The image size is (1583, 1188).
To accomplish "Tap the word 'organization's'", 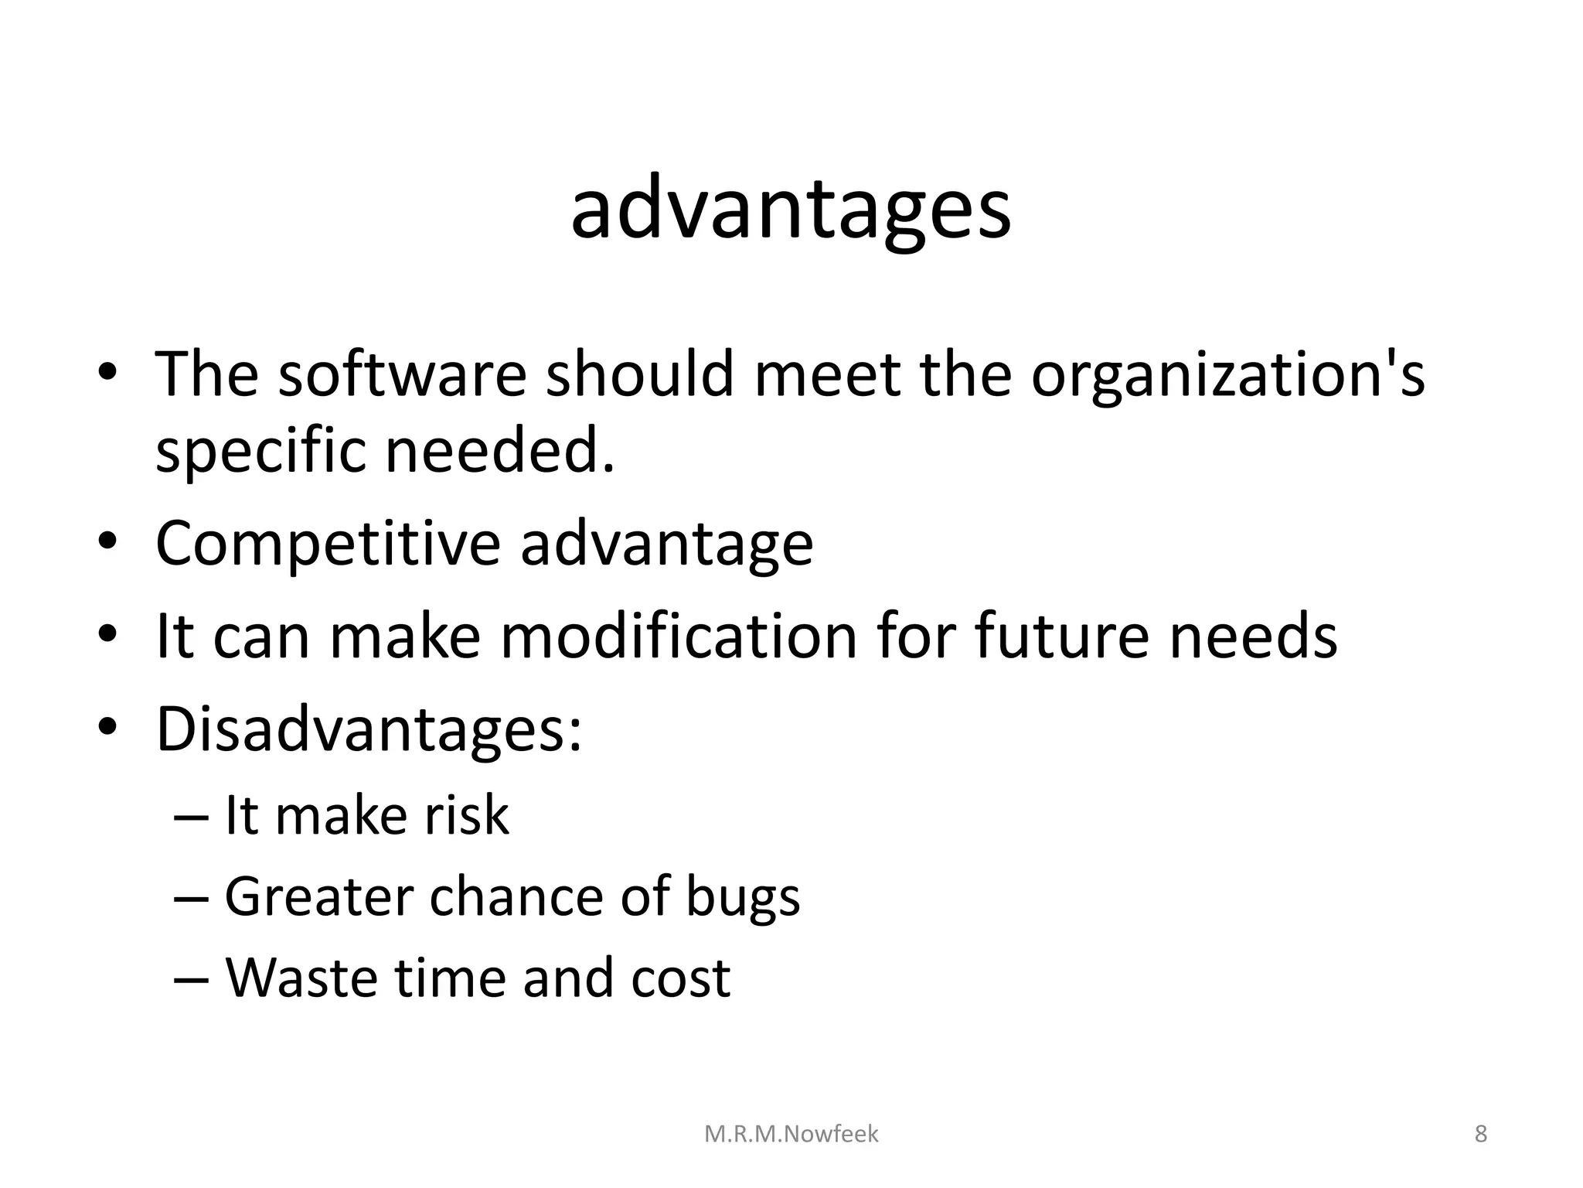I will [1227, 376].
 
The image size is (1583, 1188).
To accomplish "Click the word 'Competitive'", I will [328, 544].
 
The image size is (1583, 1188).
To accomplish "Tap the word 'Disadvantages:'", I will [369, 730].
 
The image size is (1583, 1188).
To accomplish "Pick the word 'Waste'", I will [301, 978].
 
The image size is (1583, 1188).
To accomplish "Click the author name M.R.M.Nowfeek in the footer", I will [791, 1134].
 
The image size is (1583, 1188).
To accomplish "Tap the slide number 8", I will [1480, 1134].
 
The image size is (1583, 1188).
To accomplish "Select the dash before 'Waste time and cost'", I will [192, 979].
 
